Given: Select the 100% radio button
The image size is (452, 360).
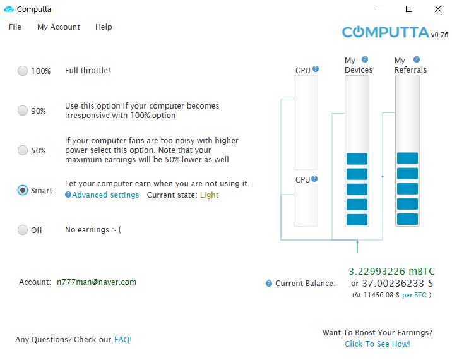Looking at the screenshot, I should click(x=23, y=71).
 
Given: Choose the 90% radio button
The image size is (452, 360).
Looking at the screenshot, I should click(x=23, y=111).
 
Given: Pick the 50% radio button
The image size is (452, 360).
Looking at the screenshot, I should click(x=23, y=150).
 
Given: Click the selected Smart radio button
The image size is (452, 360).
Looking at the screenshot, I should click(x=23, y=190).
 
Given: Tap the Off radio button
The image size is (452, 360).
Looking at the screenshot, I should click(x=23, y=230).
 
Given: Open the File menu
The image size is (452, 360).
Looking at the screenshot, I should click(x=15, y=27).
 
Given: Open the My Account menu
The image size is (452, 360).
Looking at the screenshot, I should click(x=59, y=27).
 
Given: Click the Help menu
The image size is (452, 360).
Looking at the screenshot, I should click(x=104, y=27).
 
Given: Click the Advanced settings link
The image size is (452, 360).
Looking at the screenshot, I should click(x=105, y=195).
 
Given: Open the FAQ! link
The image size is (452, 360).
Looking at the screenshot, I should click(x=123, y=339).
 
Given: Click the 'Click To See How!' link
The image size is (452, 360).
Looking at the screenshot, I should click(x=378, y=344).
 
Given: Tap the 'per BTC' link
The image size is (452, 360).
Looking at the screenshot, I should click(x=415, y=295).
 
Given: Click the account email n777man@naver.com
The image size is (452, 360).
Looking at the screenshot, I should click(x=97, y=282).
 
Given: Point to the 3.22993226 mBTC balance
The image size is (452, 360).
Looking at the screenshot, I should click(x=391, y=272).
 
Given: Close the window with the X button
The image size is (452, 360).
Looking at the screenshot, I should click(x=438, y=9).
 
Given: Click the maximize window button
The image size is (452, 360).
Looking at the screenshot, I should click(x=409, y=9).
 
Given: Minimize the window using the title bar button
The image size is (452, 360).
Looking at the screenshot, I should click(x=380, y=9).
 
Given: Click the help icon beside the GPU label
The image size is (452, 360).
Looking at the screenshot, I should click(x=316, y=69).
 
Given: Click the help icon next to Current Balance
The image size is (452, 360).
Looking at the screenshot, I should click(x=269, y=284).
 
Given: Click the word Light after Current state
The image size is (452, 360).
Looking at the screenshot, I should click(x=209, y=195).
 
